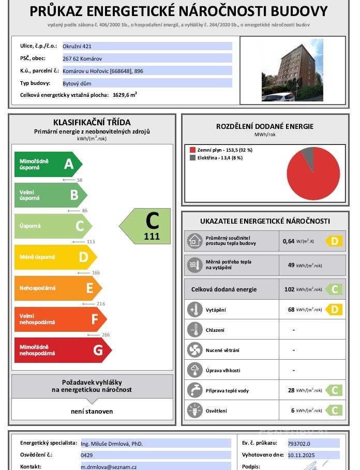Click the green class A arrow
click(x=48, y=164)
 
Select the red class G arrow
click(x=62, y=350)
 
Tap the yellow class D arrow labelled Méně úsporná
click(x=55, y=257)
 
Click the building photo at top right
click(x=292, y=70)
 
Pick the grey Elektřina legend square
click(x=193, y=158)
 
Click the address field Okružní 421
click(x=147, y=46)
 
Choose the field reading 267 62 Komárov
click(x=147, y=58)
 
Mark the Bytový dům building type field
click(x=147, y=83)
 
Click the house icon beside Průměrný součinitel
click(x=194, y=241)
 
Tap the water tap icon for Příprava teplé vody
click(x=194, y=390)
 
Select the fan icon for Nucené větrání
click(x=194, y=350)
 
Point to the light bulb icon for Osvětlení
click(x=194, y=410)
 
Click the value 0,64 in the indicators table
click(x=288, y=241)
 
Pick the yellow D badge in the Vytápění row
click(x=334, y=310)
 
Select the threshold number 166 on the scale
click(x=95, y=273)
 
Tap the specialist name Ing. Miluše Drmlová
click(x=112, y=444)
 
